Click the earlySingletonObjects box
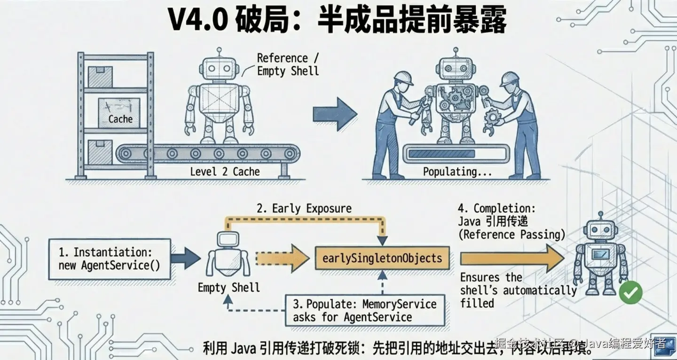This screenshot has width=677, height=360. pyautogui.click(x=382, y=258)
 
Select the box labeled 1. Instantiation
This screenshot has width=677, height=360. pyautogui.click(x=110, y=258)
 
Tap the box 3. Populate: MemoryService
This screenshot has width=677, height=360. pyautogui.click(x=364, y=310)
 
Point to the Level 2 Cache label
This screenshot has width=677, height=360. pyautogui.click(x=225, y=172)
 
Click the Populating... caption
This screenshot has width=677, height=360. pyautogui.click(x=457, y=172)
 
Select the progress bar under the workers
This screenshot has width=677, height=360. pyautogui.click(x=456, y=153)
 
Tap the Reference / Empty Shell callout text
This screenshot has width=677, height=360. pyautogui.click(x=288, y=64)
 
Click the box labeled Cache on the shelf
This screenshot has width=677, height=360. pyautogui.click(x=119, y=113)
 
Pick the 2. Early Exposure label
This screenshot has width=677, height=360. pyautogui.click(x=304, y=208)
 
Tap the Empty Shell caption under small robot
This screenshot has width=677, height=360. pyautogui.click(x=228, y=287)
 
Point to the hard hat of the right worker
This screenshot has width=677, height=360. pyautogui.click(x=510, y=78)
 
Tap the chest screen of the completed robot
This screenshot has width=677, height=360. pyautogui.click(x=601, y=254)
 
